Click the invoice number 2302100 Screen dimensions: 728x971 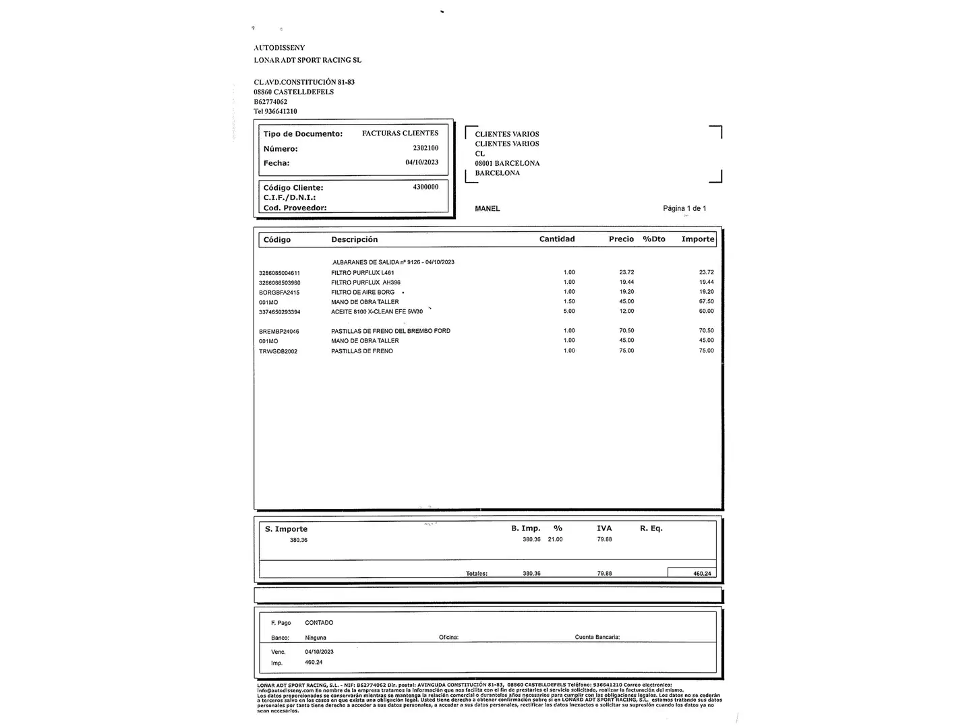(425, 148)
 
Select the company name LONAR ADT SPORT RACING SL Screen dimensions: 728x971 (307, 60)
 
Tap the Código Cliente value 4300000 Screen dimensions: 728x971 (425, 187)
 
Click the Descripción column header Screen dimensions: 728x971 (354, 239)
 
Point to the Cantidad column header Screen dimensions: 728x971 (557, 239)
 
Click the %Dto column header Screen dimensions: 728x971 (653, 239)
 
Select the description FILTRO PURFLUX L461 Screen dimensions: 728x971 (362, 273)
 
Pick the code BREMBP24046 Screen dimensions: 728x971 (278, 332)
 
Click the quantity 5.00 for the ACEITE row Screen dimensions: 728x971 (569, 311)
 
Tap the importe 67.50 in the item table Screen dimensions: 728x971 (706, 301)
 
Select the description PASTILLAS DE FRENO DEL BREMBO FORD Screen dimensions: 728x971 (390, 331)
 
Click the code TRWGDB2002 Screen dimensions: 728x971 (278, 351)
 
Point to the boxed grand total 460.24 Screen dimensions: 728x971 (701, 574)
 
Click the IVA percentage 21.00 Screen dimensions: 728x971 (555, 539)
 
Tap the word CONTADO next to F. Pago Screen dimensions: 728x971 (319, 623)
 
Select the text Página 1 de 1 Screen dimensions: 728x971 (684, 208)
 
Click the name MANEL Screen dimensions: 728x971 (487, 208)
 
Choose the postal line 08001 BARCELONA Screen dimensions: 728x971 (507, 163)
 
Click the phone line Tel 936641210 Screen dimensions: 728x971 (275, 111)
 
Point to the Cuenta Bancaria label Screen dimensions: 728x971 (597, 637)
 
